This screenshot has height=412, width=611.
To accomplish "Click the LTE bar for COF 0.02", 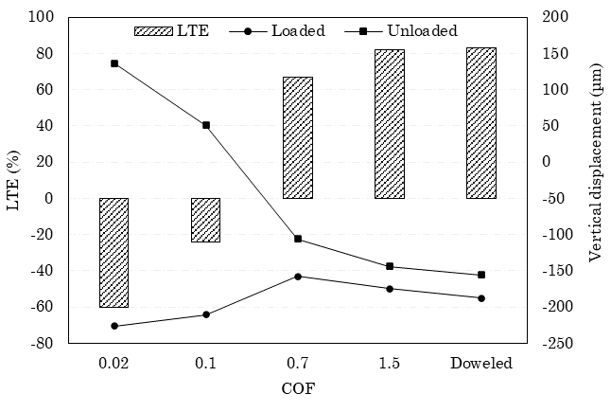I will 113,252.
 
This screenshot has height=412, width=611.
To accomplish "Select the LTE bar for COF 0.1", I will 205,220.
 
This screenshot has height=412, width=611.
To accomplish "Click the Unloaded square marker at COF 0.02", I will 114,63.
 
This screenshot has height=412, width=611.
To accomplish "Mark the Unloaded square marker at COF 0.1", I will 206,125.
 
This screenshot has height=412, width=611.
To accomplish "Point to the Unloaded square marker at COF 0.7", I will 298,239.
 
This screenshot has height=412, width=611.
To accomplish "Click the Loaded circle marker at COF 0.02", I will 114,326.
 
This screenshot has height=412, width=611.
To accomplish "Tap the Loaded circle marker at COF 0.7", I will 298,277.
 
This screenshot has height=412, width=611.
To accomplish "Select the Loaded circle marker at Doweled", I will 481,298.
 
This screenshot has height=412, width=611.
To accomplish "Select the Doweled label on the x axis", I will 481,363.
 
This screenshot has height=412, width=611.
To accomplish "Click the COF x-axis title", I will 298,388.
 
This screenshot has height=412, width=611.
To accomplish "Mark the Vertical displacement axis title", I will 595,180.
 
